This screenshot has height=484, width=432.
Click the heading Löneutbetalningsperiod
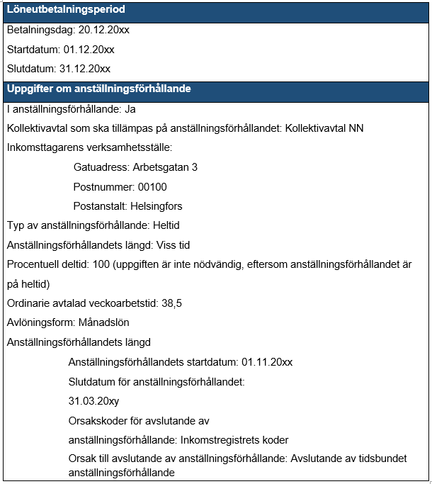click(x=66, y=10)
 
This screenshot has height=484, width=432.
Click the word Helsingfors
click(x=154, y=206)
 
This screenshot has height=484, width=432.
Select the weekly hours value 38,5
click(x=171, y=303)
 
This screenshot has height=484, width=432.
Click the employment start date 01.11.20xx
click(x=267, y=362)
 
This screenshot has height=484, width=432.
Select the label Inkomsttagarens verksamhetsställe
click(x=89, y=147)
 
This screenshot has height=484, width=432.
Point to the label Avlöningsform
click(x=39, y=323)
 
